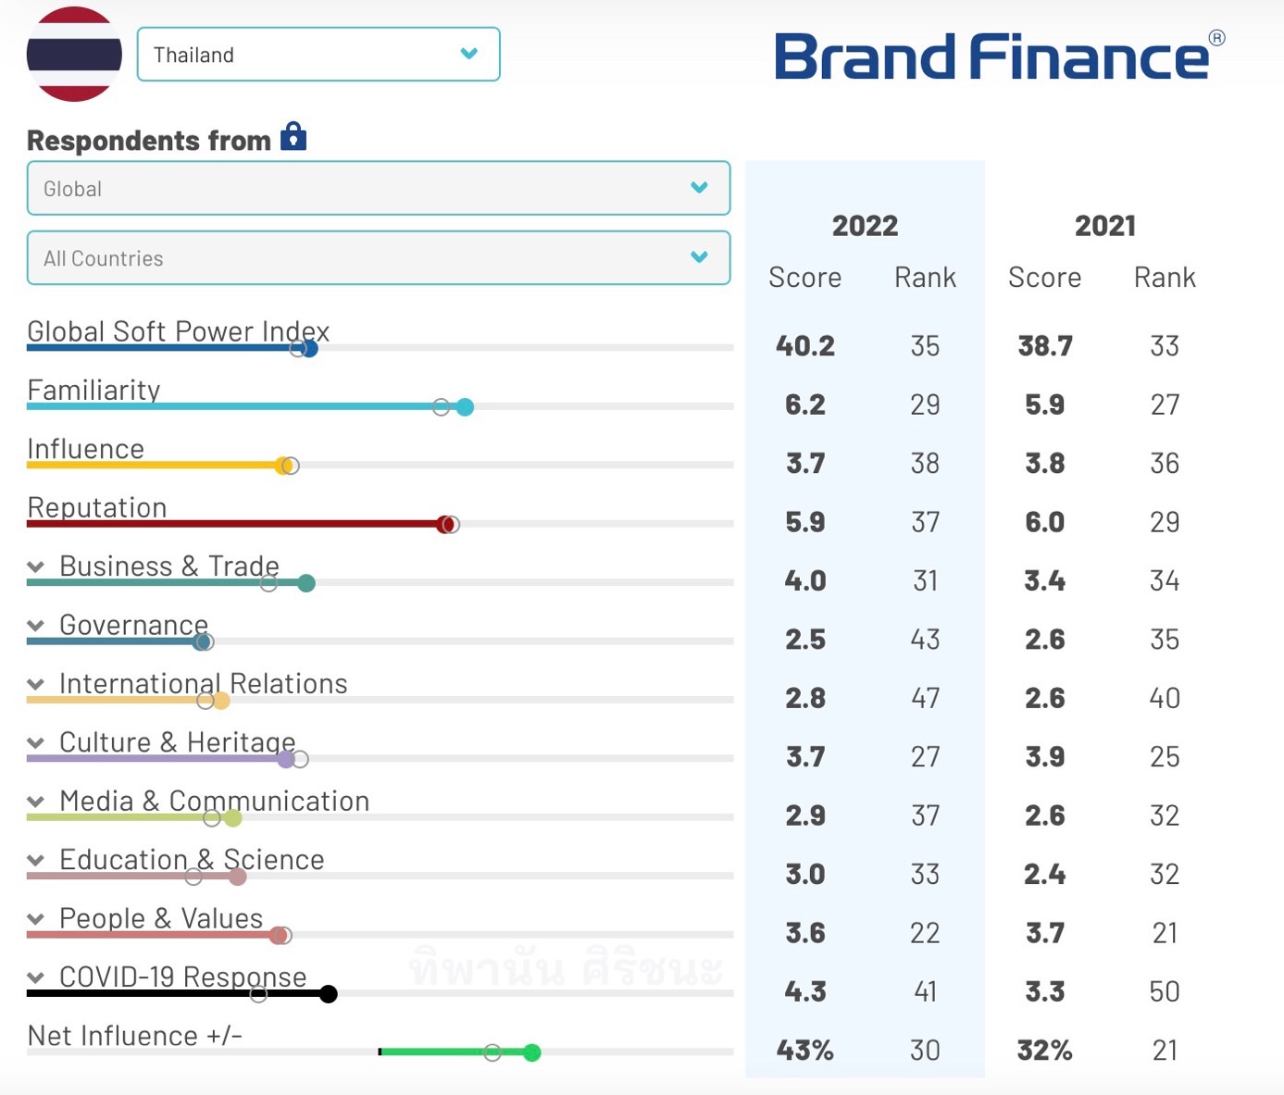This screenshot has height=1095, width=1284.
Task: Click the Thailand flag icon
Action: point(74,54)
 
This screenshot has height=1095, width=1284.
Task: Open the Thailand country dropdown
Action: point(318,55)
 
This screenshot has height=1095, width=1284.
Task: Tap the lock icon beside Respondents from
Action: point(293,137)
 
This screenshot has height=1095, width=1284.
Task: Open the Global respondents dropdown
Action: point(378,189)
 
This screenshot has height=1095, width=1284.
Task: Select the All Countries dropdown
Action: point(378,258)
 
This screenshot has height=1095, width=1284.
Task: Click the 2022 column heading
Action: point(865,226)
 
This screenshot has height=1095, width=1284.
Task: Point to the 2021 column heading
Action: point(1104,226)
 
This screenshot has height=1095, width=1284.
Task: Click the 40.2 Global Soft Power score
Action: point(805,346)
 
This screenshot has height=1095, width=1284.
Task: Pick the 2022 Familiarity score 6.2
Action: point(805,404)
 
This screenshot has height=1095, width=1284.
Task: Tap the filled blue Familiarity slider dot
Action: point(465,407)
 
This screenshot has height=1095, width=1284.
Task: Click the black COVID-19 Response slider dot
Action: point(328,994)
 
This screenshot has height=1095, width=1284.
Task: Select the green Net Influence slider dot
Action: point(531,1052)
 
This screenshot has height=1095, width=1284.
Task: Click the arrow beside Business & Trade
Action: point(36,566)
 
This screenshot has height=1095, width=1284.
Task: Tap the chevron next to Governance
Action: point(36,626)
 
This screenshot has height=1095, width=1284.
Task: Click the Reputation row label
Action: point(97,507)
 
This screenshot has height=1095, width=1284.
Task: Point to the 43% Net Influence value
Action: point(805,1051)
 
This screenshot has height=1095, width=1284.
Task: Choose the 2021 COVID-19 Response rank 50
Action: point(1164,992)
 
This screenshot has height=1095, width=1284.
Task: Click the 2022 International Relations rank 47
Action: point(925,698)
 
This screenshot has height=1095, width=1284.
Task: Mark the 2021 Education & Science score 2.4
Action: point(1044,875)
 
